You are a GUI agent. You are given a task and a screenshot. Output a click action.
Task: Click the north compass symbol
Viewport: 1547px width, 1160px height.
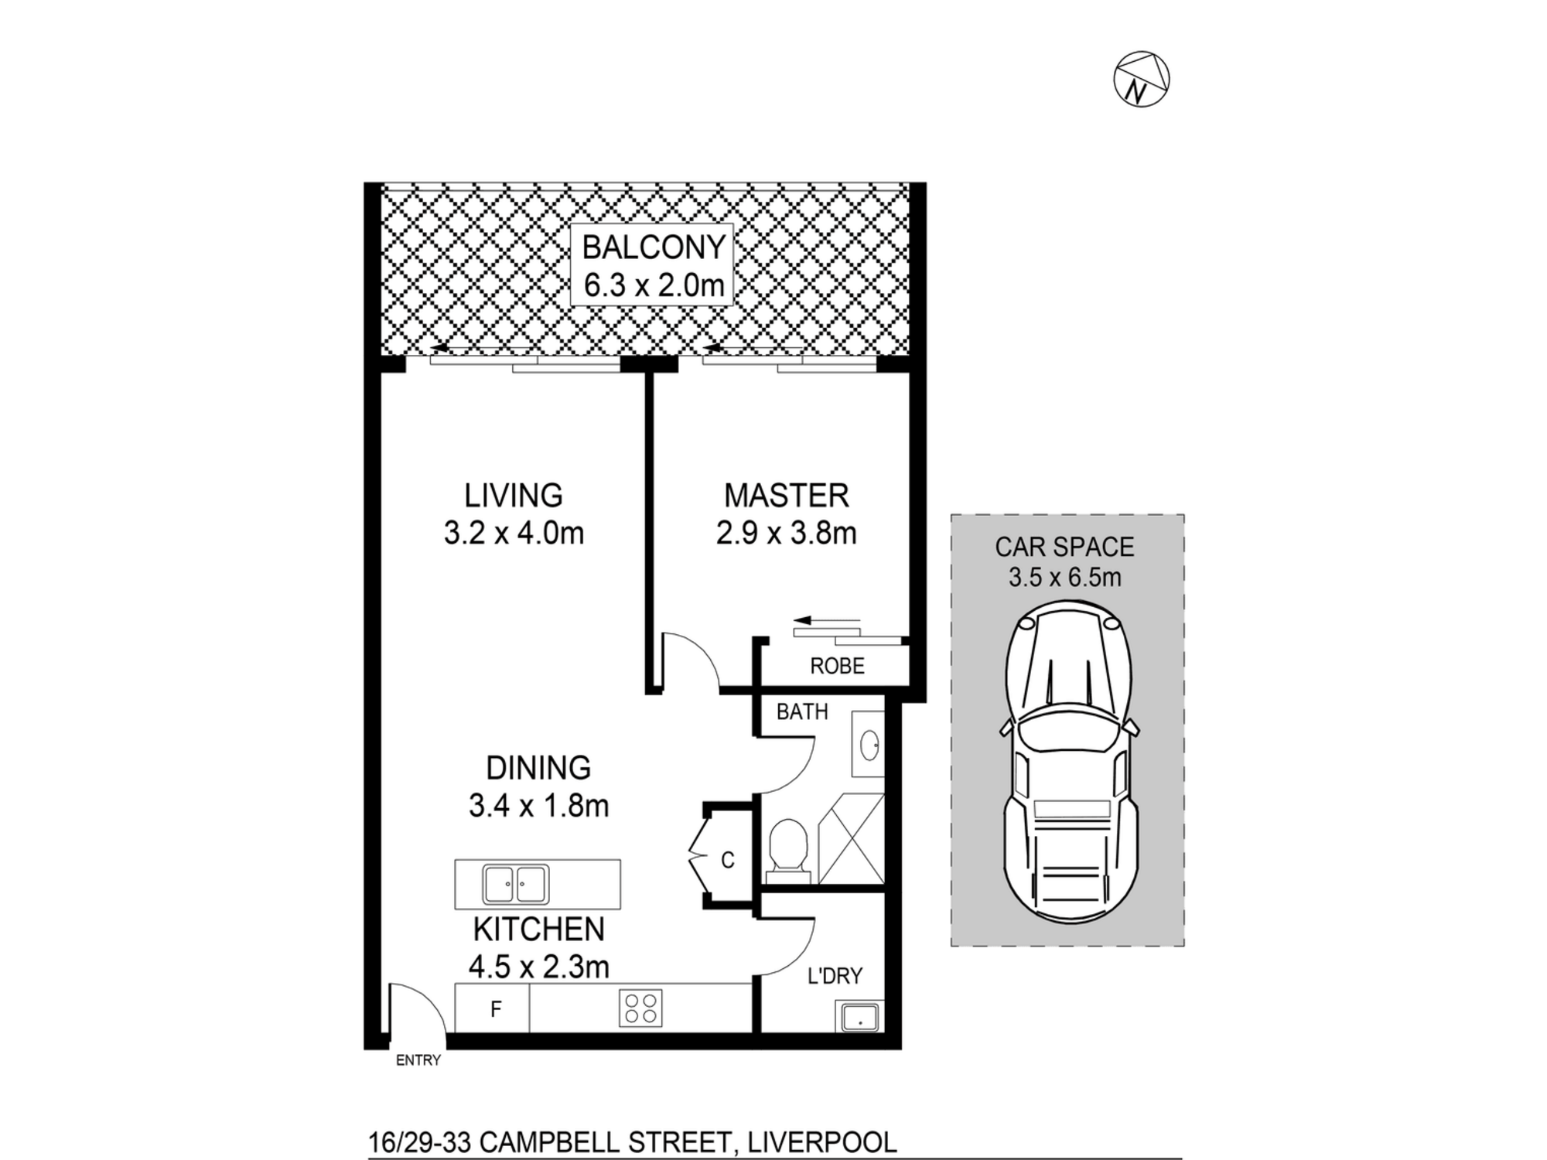(1141, 80)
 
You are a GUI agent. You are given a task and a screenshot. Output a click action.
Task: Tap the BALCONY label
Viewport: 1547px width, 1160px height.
(654, 247)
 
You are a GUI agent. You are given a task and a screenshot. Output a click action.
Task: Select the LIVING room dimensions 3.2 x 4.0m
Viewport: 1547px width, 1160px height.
(514, 534)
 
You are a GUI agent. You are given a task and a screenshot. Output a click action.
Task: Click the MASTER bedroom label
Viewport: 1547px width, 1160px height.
(786, 496)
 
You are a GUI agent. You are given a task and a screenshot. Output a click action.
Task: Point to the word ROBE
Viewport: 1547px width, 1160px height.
(837, 666)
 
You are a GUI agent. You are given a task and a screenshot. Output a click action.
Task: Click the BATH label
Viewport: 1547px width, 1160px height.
(802, 711)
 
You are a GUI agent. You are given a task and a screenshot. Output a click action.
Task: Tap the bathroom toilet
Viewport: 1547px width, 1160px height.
(788, 851)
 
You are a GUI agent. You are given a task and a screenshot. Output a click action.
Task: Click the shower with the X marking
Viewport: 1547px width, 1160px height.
(851, 838)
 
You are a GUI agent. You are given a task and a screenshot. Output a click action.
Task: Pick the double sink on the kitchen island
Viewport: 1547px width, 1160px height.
(515, 885)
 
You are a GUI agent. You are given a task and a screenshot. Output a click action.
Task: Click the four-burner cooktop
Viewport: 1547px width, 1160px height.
(640, 1008)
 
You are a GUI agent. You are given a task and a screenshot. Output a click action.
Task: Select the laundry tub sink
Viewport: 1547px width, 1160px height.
(859, 1016)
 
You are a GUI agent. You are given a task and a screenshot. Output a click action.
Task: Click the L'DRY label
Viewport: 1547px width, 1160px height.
(835, 976)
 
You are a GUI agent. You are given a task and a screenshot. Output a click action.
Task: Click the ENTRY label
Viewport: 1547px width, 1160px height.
(418, 1060)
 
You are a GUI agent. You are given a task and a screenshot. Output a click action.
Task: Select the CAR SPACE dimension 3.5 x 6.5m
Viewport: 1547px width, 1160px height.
(1064, 577)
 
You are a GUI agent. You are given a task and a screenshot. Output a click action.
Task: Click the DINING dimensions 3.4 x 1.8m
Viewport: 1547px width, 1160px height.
(538, 806)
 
